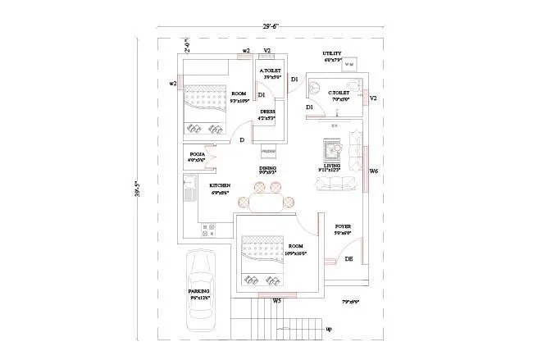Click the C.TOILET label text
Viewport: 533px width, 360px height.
[x=339, y=93]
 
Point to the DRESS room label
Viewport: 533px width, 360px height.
[x=267, y=112]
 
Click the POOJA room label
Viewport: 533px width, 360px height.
[x=197, y=154]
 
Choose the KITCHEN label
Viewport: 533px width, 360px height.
[x=219, y=185]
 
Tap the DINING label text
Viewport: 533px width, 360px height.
[x=268, y=168]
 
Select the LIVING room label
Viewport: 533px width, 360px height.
[x=332, y=166]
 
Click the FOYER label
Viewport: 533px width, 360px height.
[x=343, y=226]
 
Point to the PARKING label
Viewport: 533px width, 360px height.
[x=199, y=291]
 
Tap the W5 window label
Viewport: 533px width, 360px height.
[x=277, y=301]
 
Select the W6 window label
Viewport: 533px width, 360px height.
[x=373, y=171]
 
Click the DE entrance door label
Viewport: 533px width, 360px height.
[x=348, y=259]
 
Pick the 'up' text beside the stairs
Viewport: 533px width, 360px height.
[x=329, y=330]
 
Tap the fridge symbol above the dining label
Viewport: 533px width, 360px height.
[x=268, y=153]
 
